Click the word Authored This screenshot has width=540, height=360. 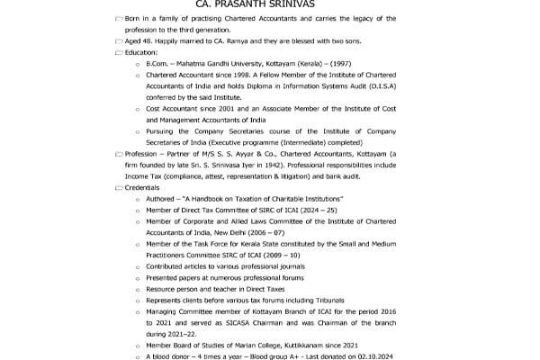pyautogui.click(x=161, y=198)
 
